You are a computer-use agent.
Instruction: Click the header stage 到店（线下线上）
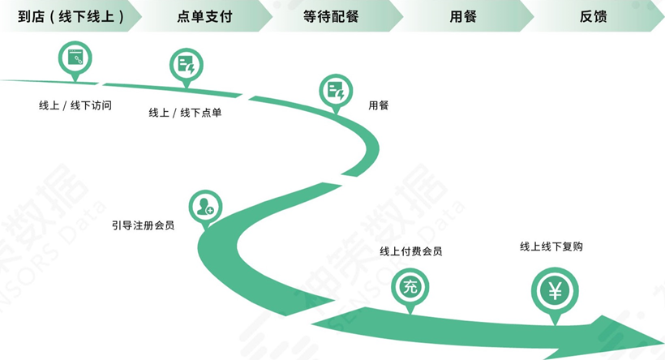[x=71, y=16]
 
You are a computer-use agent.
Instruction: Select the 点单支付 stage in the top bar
[x=204, y=16]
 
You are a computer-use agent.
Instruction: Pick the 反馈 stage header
[x=594, y=16]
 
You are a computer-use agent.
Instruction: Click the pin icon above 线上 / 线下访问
[x=75, y=60]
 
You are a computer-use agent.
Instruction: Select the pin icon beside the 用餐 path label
[x=336, y=91]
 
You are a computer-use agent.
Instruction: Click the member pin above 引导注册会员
[x=205, y=206]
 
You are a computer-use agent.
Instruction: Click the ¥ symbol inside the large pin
[x=555, y=290]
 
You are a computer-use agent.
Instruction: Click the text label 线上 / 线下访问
[x=75, y=105]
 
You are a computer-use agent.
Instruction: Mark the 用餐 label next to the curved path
[x=379, y=105]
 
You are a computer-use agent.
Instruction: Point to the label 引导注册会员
[x=144, y=225]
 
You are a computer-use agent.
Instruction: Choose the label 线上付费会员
[x=411, y=251]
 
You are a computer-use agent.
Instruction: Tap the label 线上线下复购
[x=551, y=246]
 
